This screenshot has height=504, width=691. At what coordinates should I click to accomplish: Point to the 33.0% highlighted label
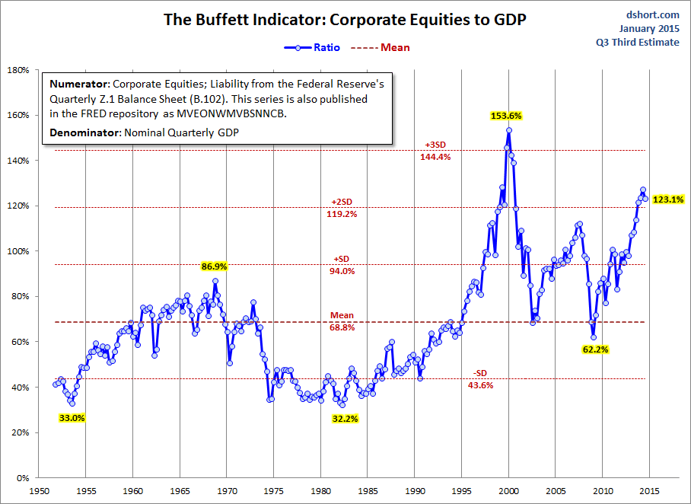[72, 418]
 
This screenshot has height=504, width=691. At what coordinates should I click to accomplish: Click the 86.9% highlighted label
[215, 266]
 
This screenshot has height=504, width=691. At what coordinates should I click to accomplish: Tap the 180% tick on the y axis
[18, 70]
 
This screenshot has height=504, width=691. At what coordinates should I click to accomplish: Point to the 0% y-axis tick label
[22, 478]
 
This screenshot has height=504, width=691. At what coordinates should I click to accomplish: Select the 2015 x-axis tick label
[650, 491]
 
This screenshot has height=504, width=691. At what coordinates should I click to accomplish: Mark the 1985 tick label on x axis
[368, 491]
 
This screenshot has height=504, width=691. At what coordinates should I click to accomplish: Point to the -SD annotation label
[479, 373]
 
